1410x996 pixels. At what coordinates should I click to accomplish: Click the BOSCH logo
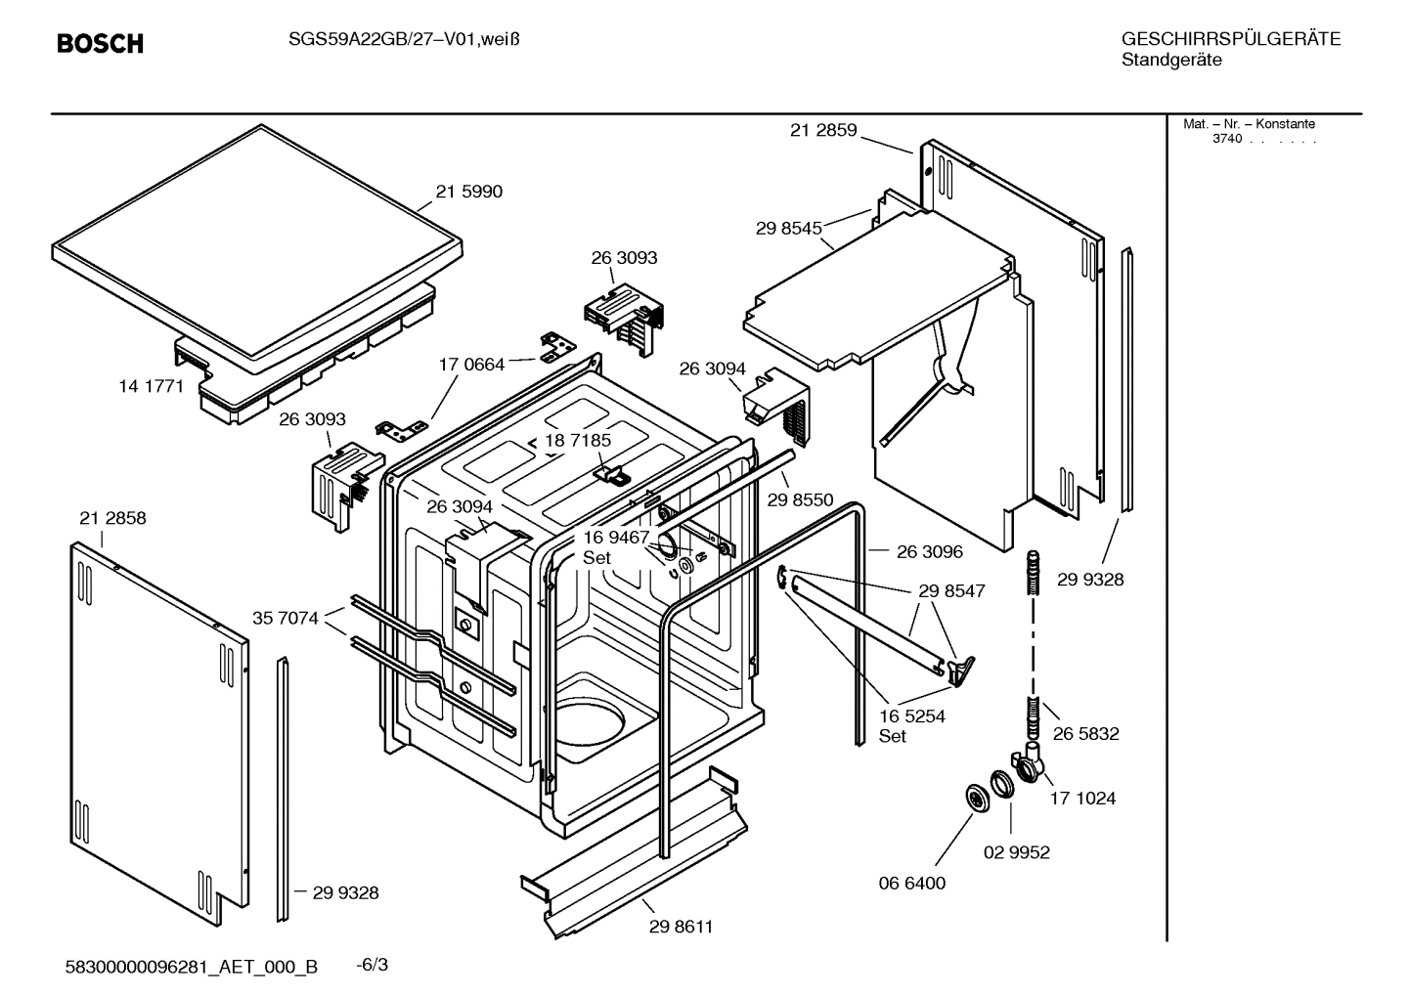pyautogui.click(x=100, y=44)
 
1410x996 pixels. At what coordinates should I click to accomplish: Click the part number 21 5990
pyautogui.click(x=468, y=192)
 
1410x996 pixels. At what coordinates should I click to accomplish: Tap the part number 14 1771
pyautogui.click(x=152, y=386)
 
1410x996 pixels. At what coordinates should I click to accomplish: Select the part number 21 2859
pyautogui.click(x=823, y=130)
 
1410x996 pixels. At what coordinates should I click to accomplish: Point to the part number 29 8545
pyautogui.click(x=788, y=229)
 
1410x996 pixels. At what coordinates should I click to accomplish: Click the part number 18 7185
pyautogui.click(x=578, y=441)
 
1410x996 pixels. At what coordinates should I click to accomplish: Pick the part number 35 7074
pyautogui.click(x=286, y=618)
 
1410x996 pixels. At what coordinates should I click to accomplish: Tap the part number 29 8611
pyautogui.click(x=681, y=927)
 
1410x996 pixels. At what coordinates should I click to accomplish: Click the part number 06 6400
pyautogui.click(x=912, y=883)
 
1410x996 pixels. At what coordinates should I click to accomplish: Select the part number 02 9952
pyautogui.click(x=1016, y=852)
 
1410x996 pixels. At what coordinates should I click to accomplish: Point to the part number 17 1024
pyautogui.click(x=1082, y=798)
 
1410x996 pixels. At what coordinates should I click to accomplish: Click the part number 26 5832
pyautogui.click(x=1085, y=733)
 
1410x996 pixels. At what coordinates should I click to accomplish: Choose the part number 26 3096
pyautogui.click(x=929, y=551)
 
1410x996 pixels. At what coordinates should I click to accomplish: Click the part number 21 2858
pyautogui.click(x=112, y=518)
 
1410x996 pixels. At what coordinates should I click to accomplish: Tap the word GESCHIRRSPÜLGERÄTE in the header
pyautogui.click(x=1230, y=40)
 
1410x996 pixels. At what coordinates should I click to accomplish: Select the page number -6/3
pyautogui.click(x=372, y=965)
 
